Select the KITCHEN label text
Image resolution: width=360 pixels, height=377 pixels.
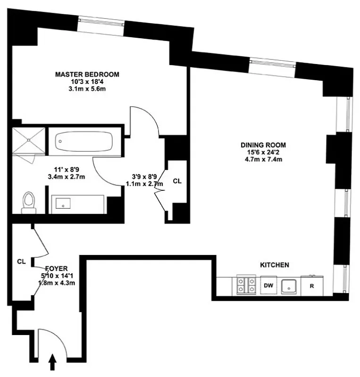click(x=275, y=265)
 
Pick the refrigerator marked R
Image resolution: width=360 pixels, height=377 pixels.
click(x=311, y=286)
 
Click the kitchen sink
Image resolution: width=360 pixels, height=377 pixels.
click(x=289, y=286)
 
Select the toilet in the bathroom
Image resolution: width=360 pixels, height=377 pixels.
click(x=29, y=202)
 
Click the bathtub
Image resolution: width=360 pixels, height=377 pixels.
click(x=84, y=140)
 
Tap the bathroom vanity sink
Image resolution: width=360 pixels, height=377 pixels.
click(x=63, y=204)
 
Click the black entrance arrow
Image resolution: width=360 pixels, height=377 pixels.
click(x=52, y=363)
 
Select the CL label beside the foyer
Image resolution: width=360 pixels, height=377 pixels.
click(x=21, y=261)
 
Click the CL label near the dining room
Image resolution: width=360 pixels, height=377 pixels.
click(x=176, y=180)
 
